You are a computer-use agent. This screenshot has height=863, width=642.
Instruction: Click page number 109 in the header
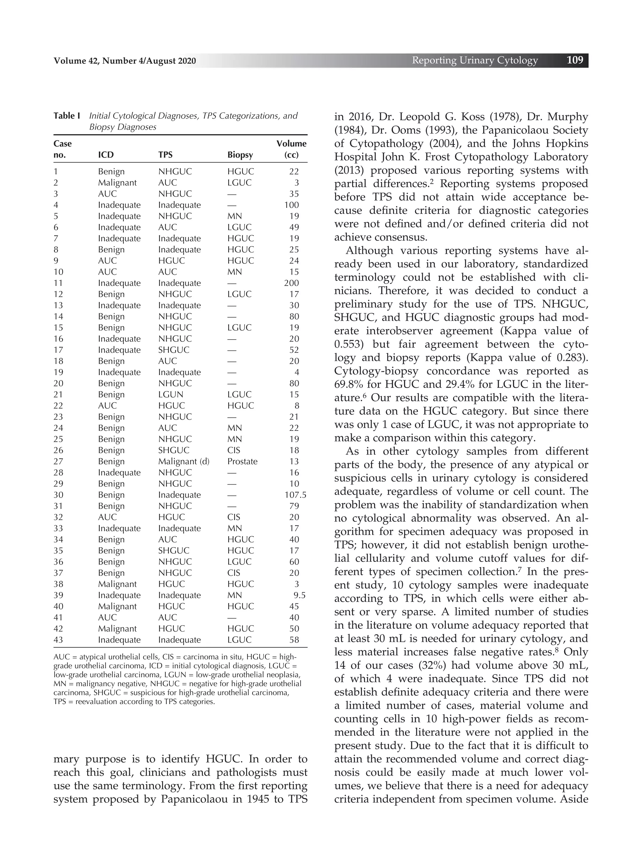click(x=575, y=60)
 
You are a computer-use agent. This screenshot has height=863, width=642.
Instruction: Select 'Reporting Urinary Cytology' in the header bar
click(x=475, y=61)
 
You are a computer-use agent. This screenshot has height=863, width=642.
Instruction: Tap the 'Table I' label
click(x=67, y=116)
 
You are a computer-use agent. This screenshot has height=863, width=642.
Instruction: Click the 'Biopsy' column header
click(x=240, y=155)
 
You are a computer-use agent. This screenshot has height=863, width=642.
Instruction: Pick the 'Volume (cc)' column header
click(x=291, y=149)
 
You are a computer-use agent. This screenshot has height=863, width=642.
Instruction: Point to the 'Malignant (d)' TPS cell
click(x=183, y=461)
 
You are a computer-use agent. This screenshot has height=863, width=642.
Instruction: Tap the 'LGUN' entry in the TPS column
click(x=170, y=394)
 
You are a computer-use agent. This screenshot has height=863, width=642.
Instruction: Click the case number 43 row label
click(x=58, y=640)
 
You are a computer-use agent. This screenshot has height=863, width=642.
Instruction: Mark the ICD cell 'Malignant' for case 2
click(x=117, y=183)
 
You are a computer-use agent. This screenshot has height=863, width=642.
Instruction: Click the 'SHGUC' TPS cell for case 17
click(x=173, y=350)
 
